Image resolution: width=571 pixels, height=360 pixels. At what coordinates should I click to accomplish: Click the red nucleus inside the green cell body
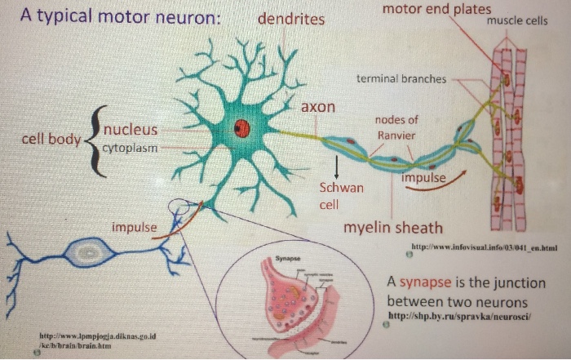click(241, 127)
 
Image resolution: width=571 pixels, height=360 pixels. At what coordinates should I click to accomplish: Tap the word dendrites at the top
click(291, 19)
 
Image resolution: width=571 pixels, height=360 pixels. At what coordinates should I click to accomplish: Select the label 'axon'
click(318, 107)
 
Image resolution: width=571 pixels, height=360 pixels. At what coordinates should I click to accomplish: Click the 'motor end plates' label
click(436, 9)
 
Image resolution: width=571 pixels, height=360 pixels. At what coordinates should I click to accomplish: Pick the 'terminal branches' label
click(401, 79)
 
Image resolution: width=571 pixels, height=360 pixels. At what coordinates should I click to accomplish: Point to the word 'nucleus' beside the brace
click(131, 130)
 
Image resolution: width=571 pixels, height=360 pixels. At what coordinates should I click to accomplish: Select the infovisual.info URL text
click(484, 246)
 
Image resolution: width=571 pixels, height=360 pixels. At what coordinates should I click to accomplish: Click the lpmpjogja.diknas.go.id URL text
click(97, 336)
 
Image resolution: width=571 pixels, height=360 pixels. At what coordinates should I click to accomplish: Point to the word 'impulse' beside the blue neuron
click(134, 226)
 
